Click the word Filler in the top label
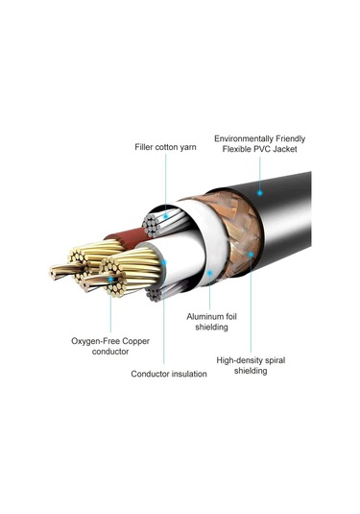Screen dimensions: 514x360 coord(146,147)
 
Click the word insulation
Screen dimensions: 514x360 coord(184,373)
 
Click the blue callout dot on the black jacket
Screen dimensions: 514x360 coord(259,193)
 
